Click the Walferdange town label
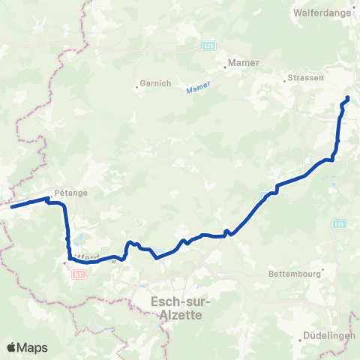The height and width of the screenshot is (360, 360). (x=324, y=13)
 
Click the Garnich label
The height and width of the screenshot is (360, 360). (x=154, y=83)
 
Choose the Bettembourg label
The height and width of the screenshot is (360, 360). (x=295, y=274)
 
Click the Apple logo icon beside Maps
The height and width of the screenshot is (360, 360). (x=12, y=347)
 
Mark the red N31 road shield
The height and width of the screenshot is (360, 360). (x=79, y=275)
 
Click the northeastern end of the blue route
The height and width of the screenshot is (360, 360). (x=348, y=97)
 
